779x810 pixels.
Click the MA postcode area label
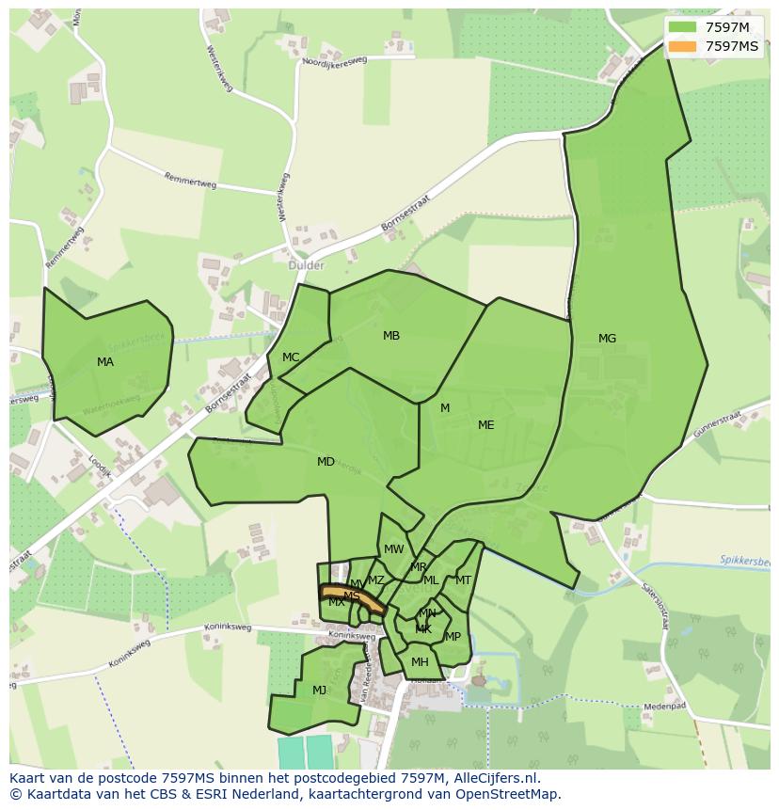click(x=105, y=361)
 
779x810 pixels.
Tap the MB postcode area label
click(x=391, y=336)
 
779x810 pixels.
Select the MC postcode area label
click(x=291, y=357)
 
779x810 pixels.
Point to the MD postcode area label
click(x=326, y=461)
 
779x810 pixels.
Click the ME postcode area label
click(x=485, y=425)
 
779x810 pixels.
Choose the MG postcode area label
click(x=608, y=339)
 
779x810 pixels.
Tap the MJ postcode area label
click(x=320, y=691)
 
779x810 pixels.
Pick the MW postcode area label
click(x=394, y=549)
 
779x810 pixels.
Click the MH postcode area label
click(x=420, y=662)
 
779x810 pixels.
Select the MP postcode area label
click(x=453, y=637)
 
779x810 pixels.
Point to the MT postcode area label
click(x=463, y=580)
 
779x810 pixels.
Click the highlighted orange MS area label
click(x=352, y=596)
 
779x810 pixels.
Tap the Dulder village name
click(x=306, y=265)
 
